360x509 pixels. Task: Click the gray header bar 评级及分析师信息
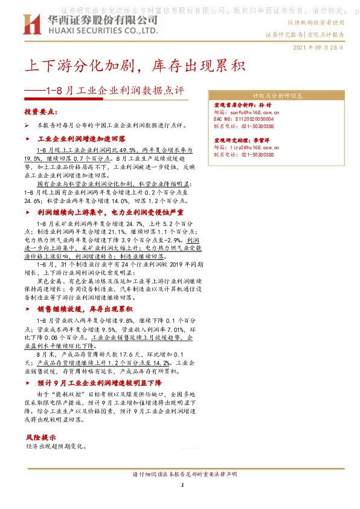tap(277, 96)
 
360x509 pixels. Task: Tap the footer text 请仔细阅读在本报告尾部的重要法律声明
tap(181, 473)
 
